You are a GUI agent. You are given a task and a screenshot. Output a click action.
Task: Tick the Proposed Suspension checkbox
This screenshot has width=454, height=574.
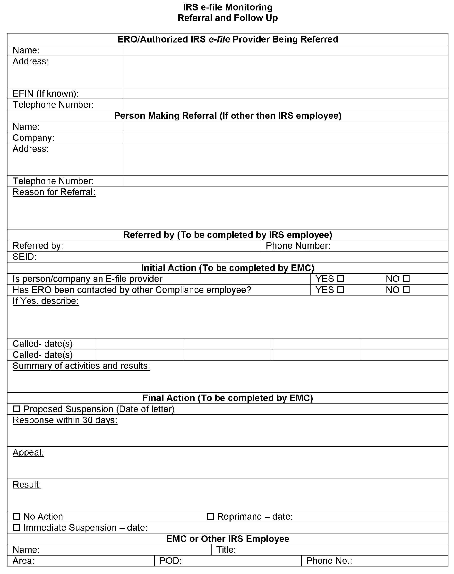point(17,409)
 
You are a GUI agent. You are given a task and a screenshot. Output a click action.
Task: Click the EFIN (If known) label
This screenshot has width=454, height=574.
point(46,93)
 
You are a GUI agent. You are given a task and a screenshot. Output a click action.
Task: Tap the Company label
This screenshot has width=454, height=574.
point(34,138)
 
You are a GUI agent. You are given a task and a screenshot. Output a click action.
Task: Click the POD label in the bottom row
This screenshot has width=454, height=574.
point(170,561)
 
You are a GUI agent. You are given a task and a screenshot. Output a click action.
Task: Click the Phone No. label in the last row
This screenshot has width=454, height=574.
point(329,561)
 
